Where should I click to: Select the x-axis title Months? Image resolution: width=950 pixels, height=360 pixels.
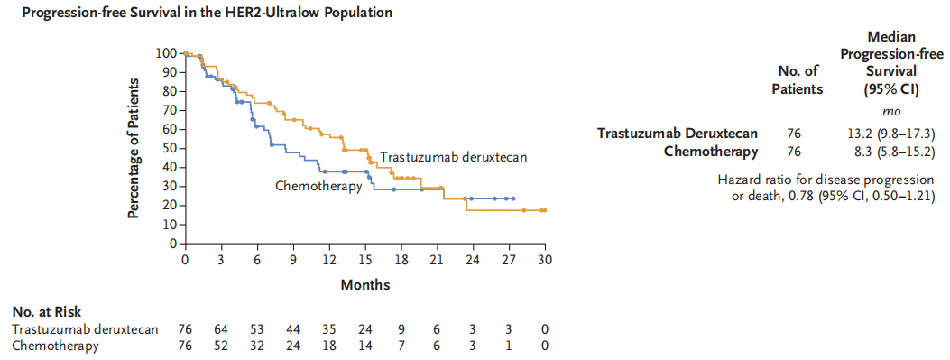point(364,284)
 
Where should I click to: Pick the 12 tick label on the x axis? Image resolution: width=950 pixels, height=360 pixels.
point(329,259)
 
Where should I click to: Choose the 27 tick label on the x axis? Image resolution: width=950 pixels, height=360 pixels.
point(509,259)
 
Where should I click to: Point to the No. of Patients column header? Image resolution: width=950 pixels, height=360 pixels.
point(799,82)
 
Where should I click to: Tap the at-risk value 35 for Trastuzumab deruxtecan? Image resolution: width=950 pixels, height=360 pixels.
point(329,329)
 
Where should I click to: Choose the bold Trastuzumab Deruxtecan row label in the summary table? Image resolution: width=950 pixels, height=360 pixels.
point(678,134)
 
